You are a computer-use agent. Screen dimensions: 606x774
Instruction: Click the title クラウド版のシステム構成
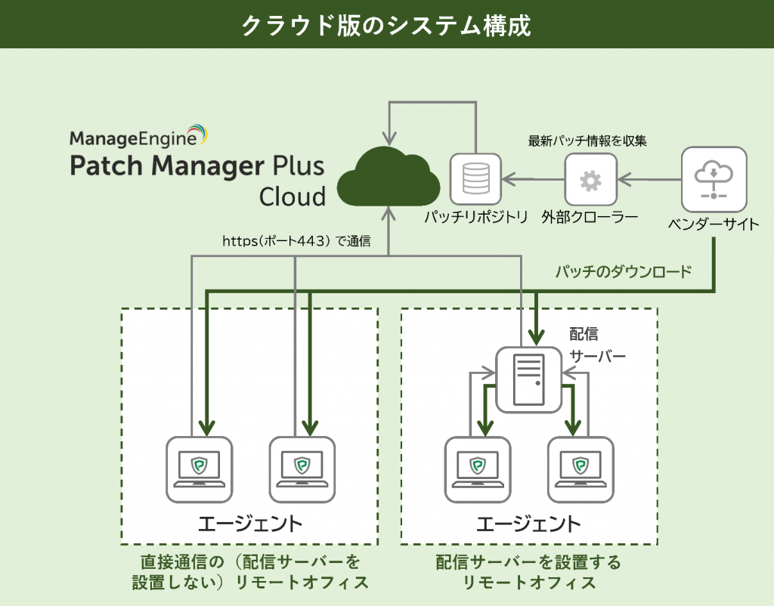386,24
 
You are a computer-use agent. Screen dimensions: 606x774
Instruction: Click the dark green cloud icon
388,180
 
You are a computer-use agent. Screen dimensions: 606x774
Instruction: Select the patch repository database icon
475,180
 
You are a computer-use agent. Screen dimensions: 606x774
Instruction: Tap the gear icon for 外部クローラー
590,180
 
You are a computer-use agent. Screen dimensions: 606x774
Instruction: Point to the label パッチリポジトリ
475,218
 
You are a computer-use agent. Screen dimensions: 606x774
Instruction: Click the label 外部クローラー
590,218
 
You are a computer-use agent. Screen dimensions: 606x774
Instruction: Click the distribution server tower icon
528,380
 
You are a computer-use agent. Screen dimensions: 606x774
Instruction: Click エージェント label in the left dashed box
249,523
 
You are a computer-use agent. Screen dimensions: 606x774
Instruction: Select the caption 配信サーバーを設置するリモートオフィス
528,572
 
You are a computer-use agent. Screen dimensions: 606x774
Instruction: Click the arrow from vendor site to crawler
649,180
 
